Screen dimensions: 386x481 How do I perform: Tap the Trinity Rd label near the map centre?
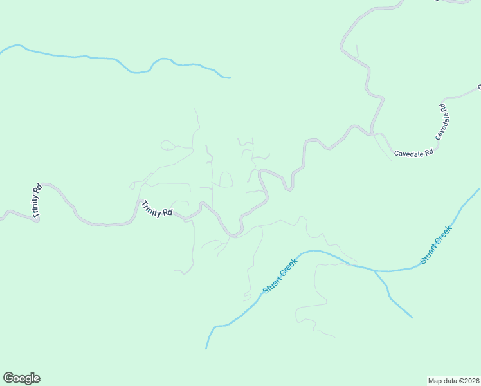[157, 208]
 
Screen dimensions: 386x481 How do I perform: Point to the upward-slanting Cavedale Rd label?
[441, 122]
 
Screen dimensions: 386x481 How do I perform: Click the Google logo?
[21, 378]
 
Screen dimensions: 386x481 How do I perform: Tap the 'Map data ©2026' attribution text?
[454, 380]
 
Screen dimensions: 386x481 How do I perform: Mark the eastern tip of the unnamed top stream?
[230, 78]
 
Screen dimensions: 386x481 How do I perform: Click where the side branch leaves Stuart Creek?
[374, 271]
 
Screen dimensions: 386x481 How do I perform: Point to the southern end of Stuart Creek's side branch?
[412, 317]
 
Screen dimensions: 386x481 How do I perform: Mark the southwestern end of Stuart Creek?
[206, 348]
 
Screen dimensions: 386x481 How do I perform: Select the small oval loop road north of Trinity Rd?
[225, 179]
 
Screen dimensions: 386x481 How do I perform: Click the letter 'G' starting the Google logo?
[8, 378]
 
